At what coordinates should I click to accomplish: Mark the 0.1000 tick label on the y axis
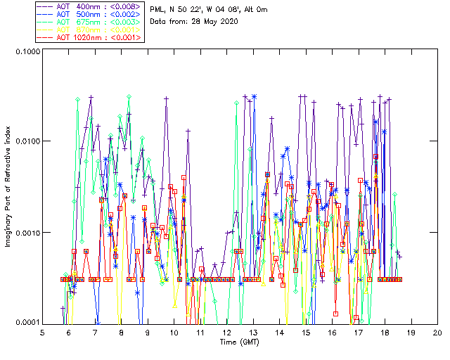[x=27, y=52]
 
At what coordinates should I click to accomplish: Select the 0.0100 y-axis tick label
[x=27, y=142]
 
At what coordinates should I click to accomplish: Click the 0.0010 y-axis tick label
[x=27, y=233]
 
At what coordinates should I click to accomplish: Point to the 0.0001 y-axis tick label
[x=27, y=323]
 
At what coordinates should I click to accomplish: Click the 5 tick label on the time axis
[x=42, y=331]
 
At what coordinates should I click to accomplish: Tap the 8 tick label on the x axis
[x=122, y=331]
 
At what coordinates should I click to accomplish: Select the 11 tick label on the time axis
[x=200, y=331]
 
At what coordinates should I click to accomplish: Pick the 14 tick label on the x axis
[x=279, y=331]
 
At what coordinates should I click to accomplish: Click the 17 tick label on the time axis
[x=359, y=331]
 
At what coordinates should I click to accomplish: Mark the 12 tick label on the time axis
[x=226, y=331]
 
